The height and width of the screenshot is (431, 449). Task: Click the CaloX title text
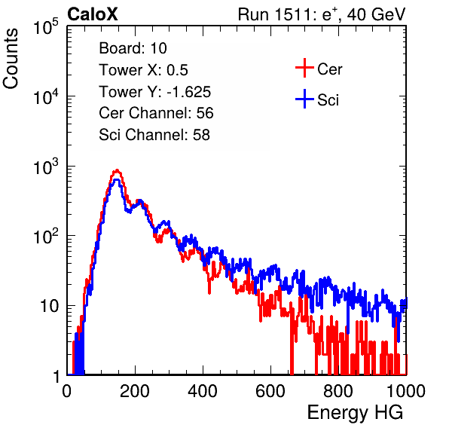[93, 14]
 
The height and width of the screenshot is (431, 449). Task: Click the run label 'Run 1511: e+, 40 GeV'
[322, 14]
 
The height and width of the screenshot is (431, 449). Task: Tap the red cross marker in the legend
[304, 68]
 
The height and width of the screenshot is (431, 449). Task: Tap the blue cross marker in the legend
[304, 99]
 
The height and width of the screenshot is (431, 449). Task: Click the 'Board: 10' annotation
[133, 48]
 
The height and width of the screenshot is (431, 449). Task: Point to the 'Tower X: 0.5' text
[143, 70]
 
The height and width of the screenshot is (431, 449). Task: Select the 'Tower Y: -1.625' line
[155, 92]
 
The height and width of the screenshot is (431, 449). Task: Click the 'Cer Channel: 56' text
[156, 113]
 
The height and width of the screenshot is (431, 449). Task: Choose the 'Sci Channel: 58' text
[154, 135]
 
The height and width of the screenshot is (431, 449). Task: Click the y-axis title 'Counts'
[11, 58]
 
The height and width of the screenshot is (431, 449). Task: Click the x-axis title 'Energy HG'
[355, 413]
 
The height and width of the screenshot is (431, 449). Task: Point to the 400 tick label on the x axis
[203, 391]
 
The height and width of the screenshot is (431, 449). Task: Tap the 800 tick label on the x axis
[338, 391]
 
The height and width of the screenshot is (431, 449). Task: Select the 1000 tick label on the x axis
[406, 391]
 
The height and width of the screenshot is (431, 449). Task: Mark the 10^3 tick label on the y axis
[46, 167]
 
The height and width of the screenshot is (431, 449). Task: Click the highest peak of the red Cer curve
[117, 170]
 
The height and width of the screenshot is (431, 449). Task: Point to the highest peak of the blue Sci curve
[117, 180]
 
